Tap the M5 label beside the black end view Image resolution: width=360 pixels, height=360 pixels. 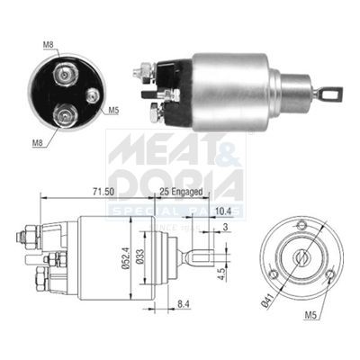[114, 112]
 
